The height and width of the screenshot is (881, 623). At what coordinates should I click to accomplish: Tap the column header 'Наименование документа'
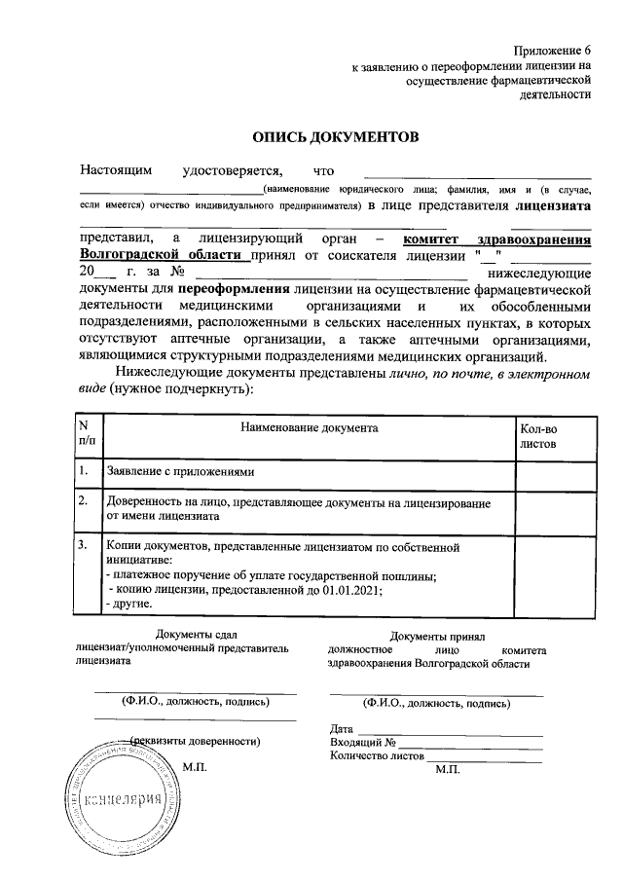pyautogui.click(x=309, y=426)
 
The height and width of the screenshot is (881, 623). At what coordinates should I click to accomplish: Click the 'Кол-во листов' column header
pyautogui.click(x=538, y=433)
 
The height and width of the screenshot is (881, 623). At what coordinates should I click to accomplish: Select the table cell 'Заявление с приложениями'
pyautogui.click(x=180, y=472)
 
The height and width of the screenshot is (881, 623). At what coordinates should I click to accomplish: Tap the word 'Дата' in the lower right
pyautogui.click(x=342, y=728)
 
